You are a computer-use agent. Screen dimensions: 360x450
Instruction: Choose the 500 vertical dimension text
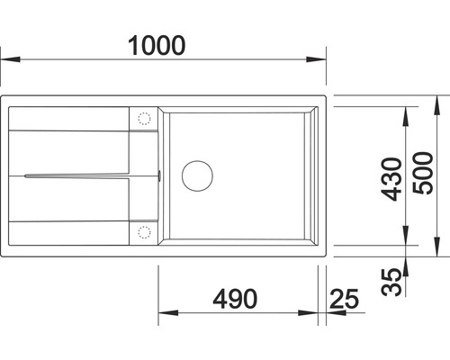pos(424,178)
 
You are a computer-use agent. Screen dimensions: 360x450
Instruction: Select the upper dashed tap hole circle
pos(142,118)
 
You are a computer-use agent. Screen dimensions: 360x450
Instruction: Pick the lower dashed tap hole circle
pos(142,230)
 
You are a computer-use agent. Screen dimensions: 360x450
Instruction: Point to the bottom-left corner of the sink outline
pos(4,259)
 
